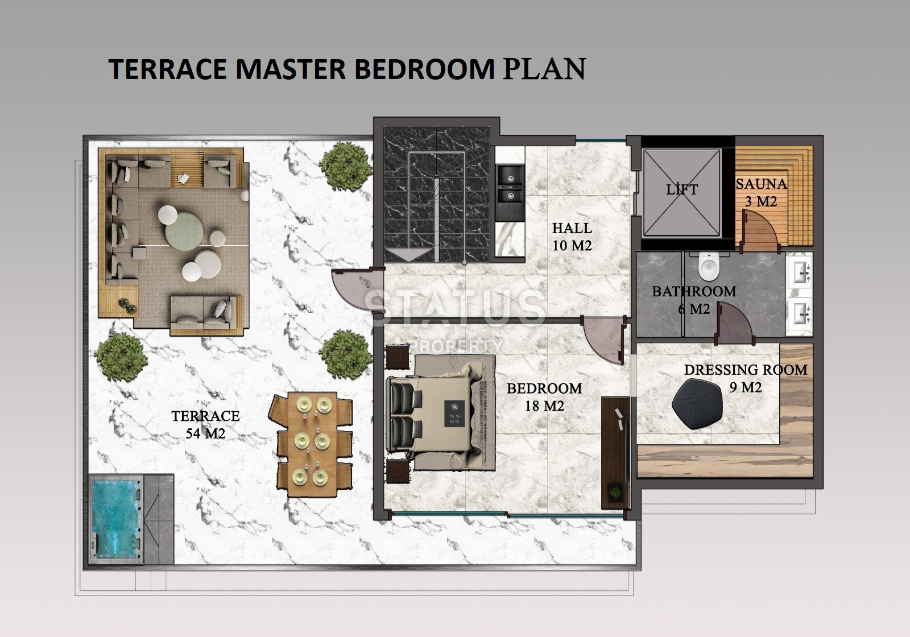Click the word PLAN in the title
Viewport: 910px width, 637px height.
point(544,68)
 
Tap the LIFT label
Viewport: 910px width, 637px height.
point(681,190)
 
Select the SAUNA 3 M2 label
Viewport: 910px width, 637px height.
point(761,192)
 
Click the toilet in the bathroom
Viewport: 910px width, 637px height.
point(708,266)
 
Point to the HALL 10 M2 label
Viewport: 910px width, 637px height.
point(572,237)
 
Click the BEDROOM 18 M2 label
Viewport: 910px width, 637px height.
point(544,397)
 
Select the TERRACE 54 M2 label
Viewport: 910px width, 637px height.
point(205,424)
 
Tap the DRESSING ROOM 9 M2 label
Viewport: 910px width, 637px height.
point(745,378)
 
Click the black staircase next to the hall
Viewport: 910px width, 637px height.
point(436,193)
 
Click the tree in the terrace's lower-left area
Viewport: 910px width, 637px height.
point(121,357)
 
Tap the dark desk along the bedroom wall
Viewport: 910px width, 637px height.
point(615,452)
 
